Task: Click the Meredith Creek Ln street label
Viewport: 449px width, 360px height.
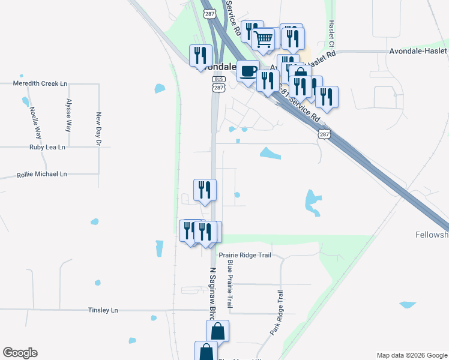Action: (x=39, y=83)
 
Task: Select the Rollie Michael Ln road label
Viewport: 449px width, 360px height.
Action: (x=41, y=174)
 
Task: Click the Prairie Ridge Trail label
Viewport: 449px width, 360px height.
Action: (x=245, y=255)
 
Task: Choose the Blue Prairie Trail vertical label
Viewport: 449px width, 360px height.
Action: (x=229, y=284)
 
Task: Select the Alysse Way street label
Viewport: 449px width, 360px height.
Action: (x=69, y=115)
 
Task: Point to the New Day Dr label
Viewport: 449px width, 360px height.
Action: (x=98, y=129)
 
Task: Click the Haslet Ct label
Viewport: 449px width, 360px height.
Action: (x=331, y=34)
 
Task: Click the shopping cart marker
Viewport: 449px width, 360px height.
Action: (x=263, y=40)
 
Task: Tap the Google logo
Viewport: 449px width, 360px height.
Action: (x=20, y=353)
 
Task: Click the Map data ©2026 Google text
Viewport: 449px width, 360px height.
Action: (x=411, y=355)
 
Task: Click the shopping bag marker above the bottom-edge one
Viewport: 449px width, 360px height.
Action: (x=217, y=331)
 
